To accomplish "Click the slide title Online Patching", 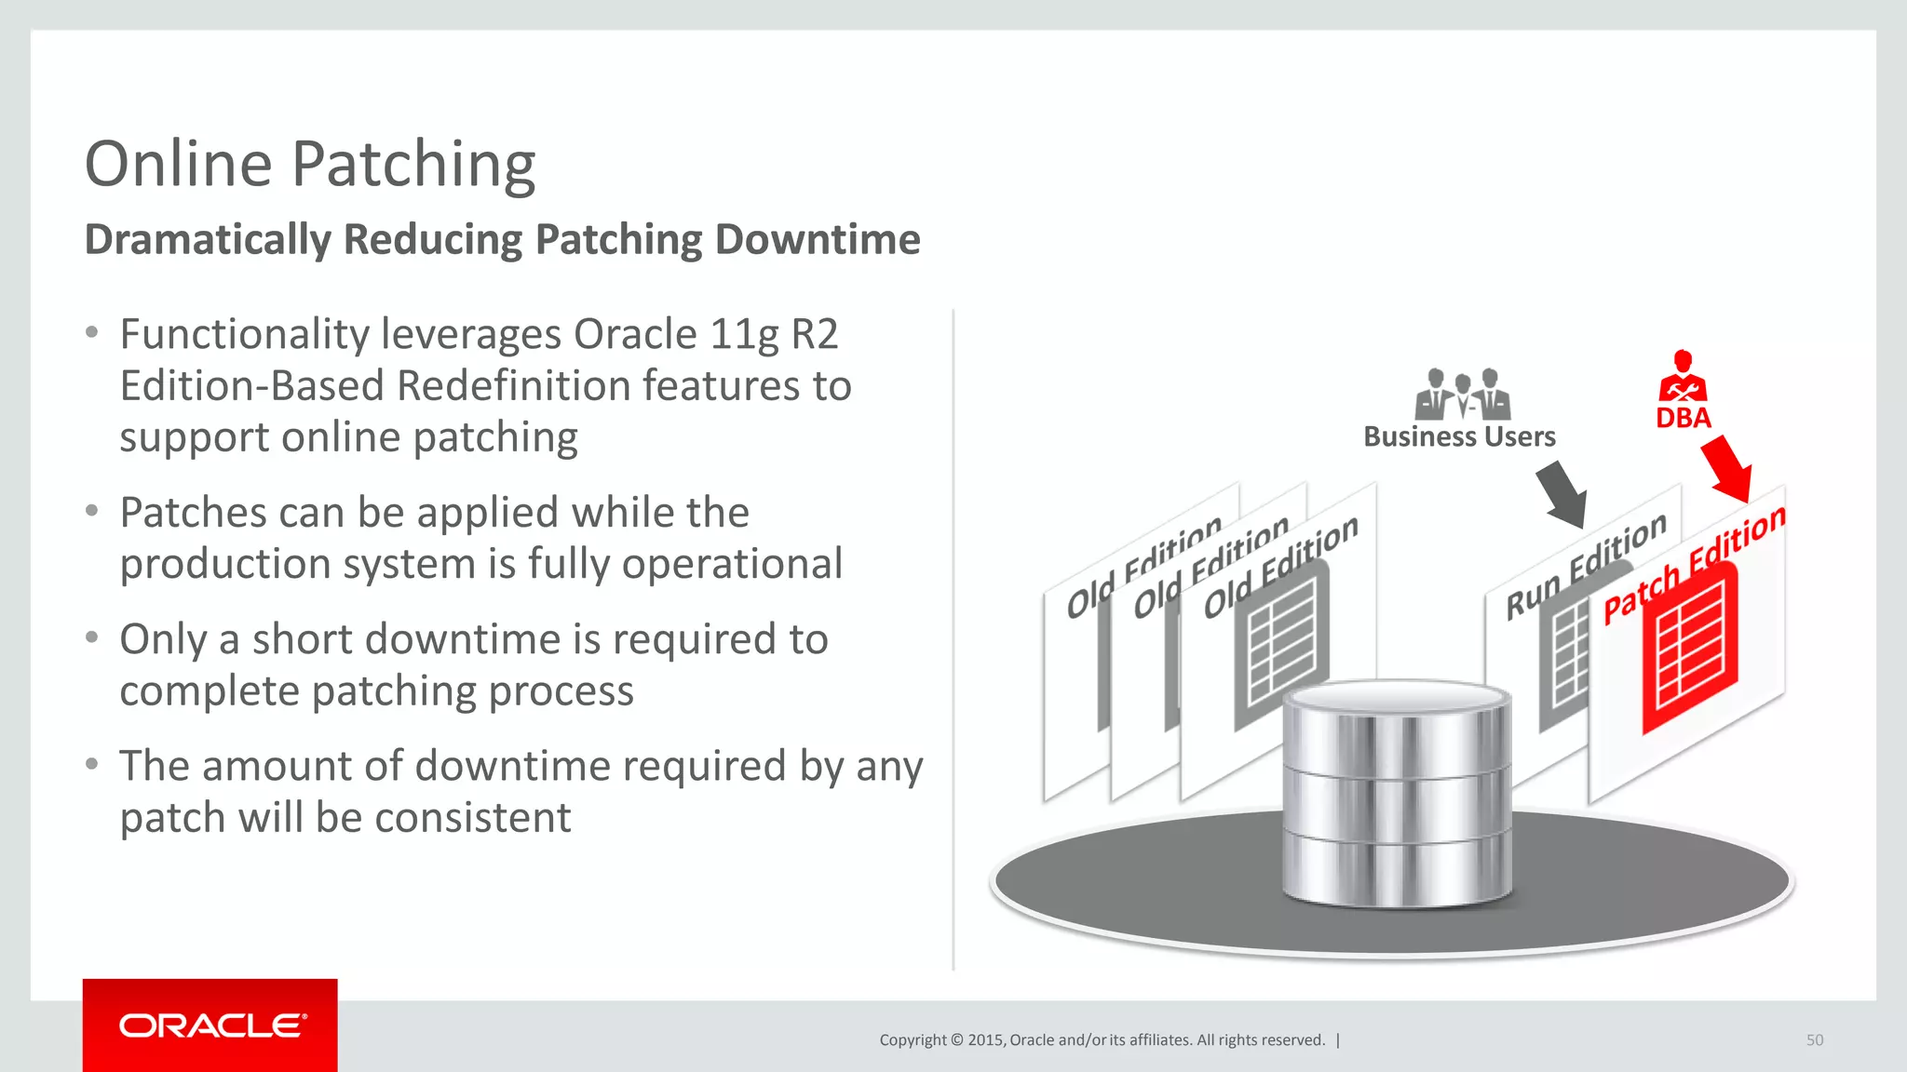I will coord(309,165).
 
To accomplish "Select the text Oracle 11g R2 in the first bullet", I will coord(706,335).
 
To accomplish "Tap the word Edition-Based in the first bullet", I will coord(251,386).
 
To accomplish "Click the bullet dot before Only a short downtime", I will coord(91,638).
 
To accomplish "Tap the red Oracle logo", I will coord(210,1025).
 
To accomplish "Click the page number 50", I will coord(1814,1040).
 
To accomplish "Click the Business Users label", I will coord(1459,436).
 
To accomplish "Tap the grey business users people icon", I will coord(1462,395).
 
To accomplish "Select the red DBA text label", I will coord(1683,418).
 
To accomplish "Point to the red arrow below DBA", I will coord(1728,469).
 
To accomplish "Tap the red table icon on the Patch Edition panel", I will coord(1689,649).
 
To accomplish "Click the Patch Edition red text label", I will coord(1693,565).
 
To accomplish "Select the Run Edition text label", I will coord(1585,566).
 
